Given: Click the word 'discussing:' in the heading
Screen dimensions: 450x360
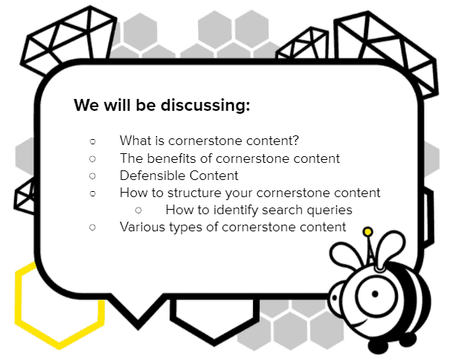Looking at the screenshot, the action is (205, 106).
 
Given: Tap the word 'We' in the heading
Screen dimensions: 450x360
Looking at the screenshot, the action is (86, 105).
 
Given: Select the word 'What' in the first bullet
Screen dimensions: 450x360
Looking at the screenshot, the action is (135, 141).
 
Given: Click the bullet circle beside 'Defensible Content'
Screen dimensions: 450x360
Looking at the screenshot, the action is (92, 176).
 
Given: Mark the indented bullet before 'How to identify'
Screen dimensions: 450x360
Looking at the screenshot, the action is (138, 210).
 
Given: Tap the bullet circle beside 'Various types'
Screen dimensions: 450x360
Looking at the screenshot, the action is (92, 228).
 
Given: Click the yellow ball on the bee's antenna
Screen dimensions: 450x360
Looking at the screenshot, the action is (367, 231).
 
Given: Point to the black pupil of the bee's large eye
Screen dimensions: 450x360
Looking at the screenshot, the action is (375, 294).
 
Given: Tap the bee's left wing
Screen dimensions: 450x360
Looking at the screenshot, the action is (344, 256).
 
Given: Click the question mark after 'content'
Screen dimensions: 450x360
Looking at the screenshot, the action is (295, 141).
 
